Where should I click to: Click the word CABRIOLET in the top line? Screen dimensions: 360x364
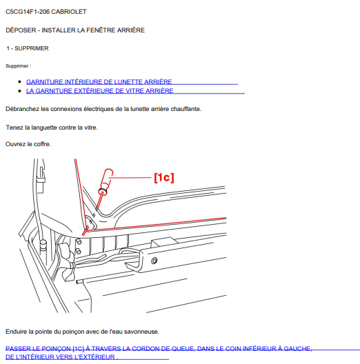pyautogui.click(x=69, y=12)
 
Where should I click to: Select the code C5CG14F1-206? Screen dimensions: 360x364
pyautogui.click(x=28, y=12)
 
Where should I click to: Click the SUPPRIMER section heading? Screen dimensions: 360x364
pyautogui.click(x=32, y=48)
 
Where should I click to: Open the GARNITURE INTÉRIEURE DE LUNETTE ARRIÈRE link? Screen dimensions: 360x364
pyautogui.click(x=99, y=82)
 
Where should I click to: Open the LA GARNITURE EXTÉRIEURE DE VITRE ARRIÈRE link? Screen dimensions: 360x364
pyautogui.click(x=99, y=91)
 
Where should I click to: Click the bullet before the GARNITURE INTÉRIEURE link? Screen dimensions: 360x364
pyautogui.click(x=19, y=82)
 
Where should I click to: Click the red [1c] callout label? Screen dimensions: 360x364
pyautogui.click(x=164, y=178)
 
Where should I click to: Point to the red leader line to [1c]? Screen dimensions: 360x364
pyautogui.click(x=130, y=178)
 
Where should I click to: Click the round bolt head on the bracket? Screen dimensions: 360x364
pyautogui.click(x=154, y=261)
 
